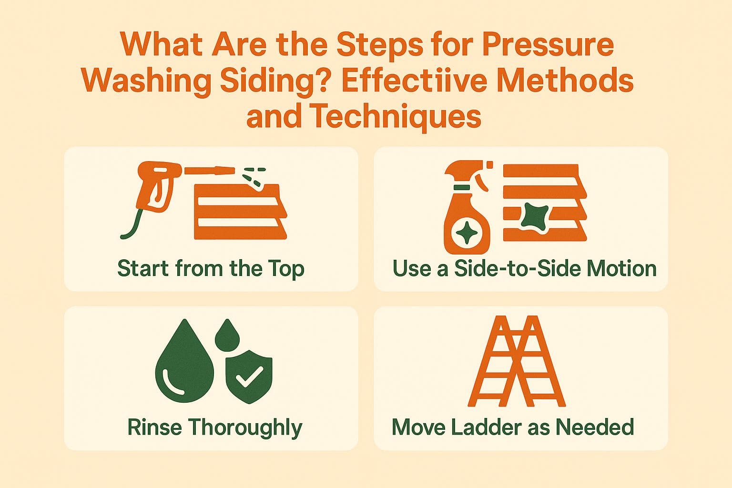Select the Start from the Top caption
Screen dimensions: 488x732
click(x=211, y=268)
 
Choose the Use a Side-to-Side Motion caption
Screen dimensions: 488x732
click(x=524, y=268)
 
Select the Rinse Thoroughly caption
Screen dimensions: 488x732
click(x=214, y=427)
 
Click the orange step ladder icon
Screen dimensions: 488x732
click(x=517, y=361)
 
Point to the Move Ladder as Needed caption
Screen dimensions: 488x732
click(x=513, y=427)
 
